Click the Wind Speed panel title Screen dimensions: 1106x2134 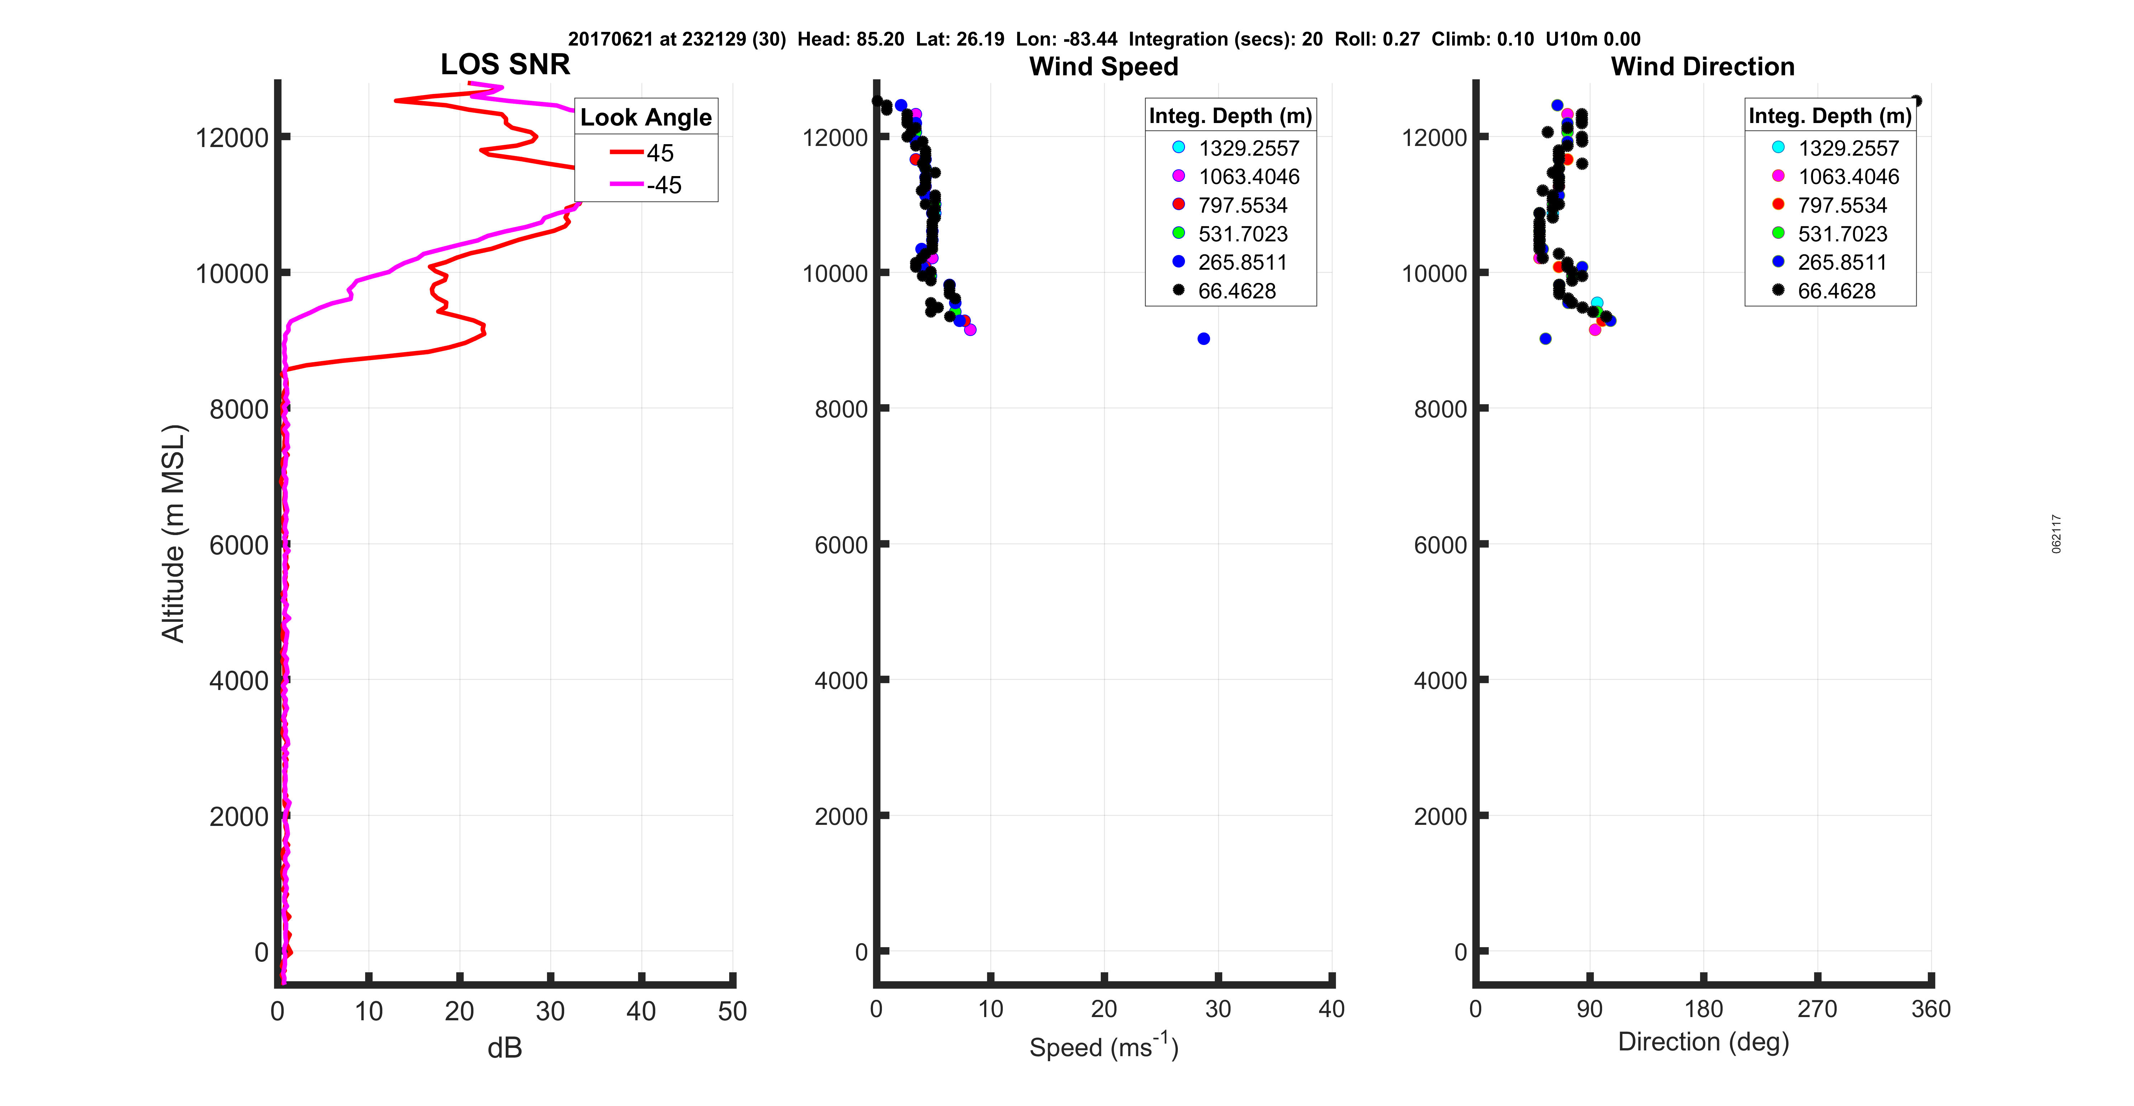click(1104, 66)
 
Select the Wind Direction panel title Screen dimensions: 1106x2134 click(1703, 66)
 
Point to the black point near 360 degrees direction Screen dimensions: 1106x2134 click(1916, 101)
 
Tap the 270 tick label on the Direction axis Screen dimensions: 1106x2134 click(1817, 1009)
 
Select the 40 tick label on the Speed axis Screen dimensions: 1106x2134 click(1331, 1009)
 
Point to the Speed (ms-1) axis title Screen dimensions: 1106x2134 click(1104, 1046)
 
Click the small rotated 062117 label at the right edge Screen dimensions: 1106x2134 click(2056, 534)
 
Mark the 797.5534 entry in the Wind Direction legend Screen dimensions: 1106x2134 click(1842, 205)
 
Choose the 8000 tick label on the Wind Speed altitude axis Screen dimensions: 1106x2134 click(841, 409)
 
